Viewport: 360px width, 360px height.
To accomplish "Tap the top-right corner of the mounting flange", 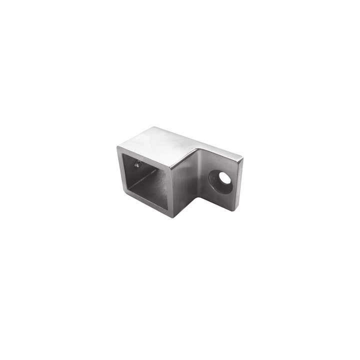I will pyautogui.click(x=242, y=156).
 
